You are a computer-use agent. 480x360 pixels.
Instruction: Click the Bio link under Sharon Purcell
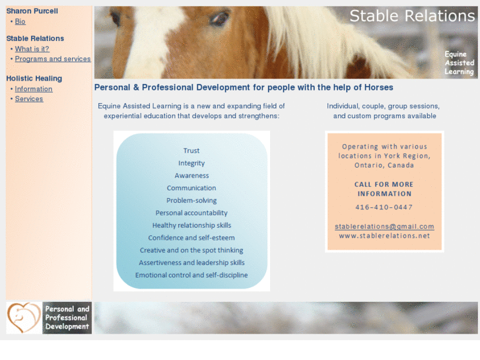point(20,22)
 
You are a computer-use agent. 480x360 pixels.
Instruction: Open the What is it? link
point(32,49)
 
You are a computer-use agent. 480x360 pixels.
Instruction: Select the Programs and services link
point(53,59)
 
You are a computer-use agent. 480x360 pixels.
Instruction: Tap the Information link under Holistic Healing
point(34,89)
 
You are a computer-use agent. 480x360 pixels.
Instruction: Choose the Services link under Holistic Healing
point(29,99)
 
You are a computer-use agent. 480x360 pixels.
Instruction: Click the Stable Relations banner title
point(412,16)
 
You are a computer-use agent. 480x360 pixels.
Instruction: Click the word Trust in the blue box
point(191,151)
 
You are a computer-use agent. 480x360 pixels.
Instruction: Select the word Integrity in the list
point(191,163)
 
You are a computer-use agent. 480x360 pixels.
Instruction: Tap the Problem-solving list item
point(191,200)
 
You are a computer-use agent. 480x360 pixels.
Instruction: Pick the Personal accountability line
point(191,213)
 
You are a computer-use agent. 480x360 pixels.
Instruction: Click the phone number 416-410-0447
point(384,207)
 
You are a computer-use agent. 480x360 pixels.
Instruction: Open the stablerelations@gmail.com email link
point(384,227)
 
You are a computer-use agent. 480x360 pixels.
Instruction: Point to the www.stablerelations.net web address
point(384,236)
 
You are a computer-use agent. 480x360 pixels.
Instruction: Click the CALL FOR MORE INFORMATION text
point(384,189)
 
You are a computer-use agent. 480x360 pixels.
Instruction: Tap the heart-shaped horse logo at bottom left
point(24,318)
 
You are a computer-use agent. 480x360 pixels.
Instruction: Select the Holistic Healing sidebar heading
point(34,79)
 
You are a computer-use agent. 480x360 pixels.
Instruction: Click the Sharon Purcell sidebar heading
point(32,11)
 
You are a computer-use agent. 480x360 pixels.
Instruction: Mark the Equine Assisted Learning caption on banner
point(459,63)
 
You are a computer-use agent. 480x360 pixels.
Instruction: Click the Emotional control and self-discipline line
point(191,275)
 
